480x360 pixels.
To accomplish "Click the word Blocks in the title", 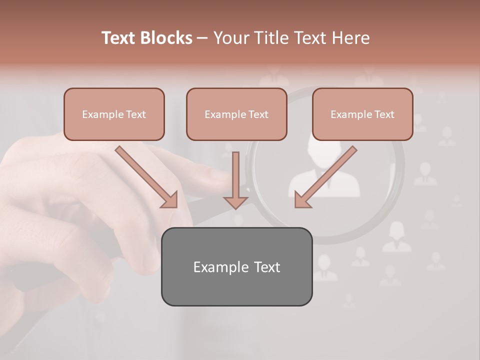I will (166, 38).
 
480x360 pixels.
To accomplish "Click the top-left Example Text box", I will (114, 114).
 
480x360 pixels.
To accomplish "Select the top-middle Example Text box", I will (236, 114).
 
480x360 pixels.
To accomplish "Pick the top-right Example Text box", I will (362, 114).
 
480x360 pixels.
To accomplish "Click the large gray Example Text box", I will (236, 266).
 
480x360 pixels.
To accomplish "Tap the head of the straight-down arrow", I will (235, 201).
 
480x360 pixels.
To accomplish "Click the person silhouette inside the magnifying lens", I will (324, 175).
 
